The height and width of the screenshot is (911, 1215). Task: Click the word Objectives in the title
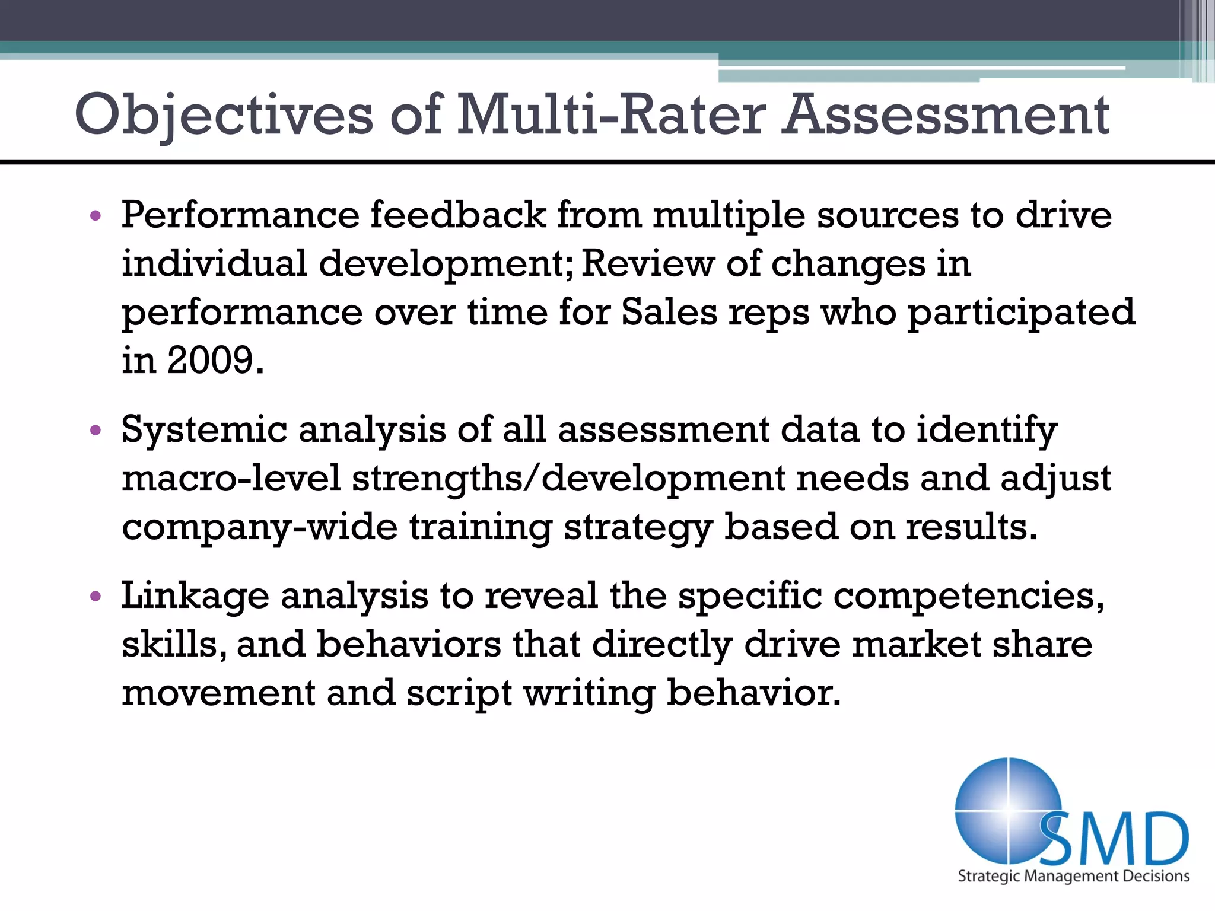[224, 115]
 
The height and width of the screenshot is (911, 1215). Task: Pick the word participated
[1021, 313]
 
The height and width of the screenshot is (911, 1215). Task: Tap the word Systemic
[204, 430]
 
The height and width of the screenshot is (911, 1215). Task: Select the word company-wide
[259, 527]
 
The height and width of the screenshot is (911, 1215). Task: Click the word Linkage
[195, 596]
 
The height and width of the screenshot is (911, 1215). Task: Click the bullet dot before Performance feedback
[96, 216]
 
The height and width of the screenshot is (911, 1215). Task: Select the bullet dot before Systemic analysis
[96, 431]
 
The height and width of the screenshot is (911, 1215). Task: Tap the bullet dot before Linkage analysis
[96, 596]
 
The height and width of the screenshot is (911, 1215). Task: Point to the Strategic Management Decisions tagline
[1073, 877]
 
